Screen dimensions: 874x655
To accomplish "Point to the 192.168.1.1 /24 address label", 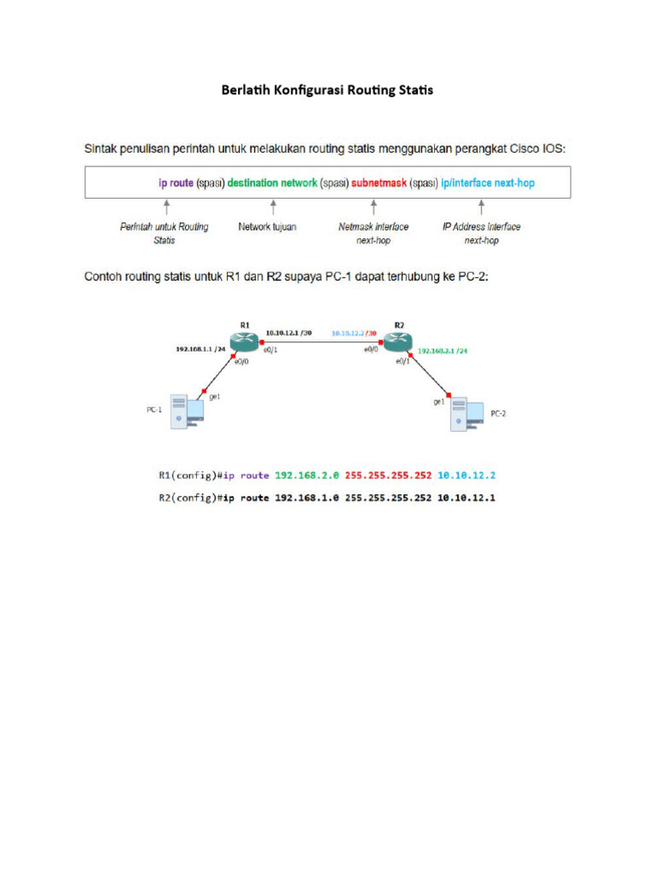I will pos(200,348).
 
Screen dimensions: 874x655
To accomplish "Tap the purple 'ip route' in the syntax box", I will pos(177,183).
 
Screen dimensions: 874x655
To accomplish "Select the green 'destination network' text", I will pos(272,183).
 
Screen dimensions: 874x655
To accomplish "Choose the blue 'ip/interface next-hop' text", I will pos(488,183).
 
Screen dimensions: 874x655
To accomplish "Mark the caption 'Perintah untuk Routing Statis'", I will pos(165,233).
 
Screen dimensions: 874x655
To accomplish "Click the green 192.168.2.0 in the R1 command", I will pos(307,475).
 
